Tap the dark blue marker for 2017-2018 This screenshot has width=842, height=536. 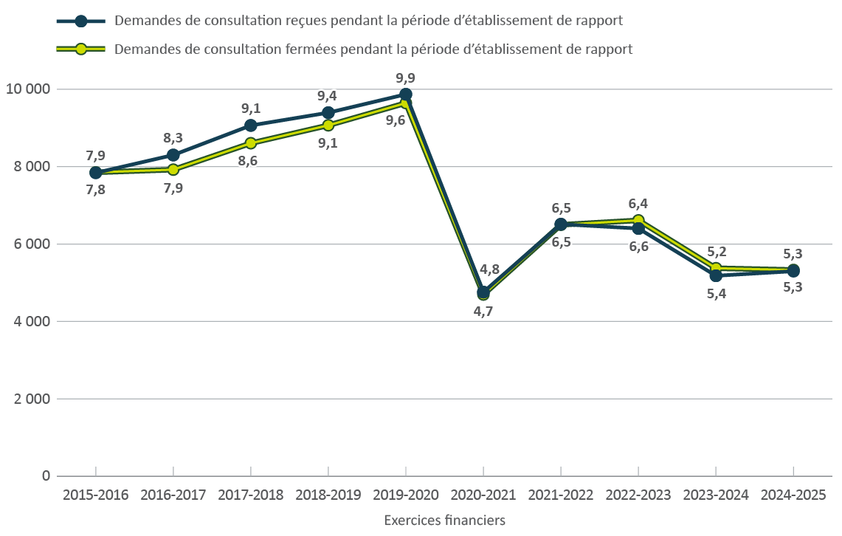pyautogui.click(x=251, y=126)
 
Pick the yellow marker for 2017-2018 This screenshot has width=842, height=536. pyautogui.click(x=251, y=143)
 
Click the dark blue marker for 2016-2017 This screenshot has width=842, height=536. pyautogui.click(x=173, y=155)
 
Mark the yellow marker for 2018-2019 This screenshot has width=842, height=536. pyautogui.click(x=328, y=126)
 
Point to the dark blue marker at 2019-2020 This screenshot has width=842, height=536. pyautogui.click(x=406, y=95)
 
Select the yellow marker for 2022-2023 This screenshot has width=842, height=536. pyautogui.click(x=638, y=220)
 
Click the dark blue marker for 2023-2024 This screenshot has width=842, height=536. pyautogui.click(x=716, y=275)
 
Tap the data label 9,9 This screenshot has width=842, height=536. pyautogui.click(x=405, y=78)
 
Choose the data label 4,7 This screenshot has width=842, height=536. pyautogui.click(x=483, y=312)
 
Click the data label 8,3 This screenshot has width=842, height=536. pyautogui.click(x=173, y=137)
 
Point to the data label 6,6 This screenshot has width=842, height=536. pyautogui.click(x=638, y=247)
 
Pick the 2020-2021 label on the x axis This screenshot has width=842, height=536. pyautogui.click(x=483, y=495)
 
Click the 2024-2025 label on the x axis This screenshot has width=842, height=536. pyautogui.click(x=793, y=495)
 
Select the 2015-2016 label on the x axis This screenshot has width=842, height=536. pyautogui.click(x=96, y=495)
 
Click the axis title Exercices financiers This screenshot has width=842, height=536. pyautogui.click(x=444, y=520)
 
